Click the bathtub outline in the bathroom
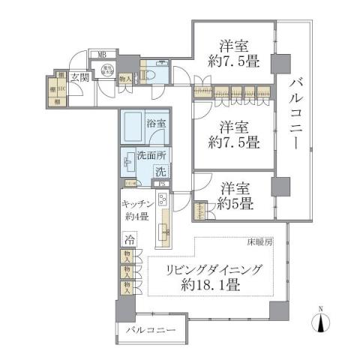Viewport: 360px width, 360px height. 134,129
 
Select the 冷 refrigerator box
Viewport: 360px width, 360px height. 130,241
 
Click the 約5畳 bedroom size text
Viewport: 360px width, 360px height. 235,202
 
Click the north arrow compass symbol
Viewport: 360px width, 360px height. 321,321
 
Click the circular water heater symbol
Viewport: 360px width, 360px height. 107,70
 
